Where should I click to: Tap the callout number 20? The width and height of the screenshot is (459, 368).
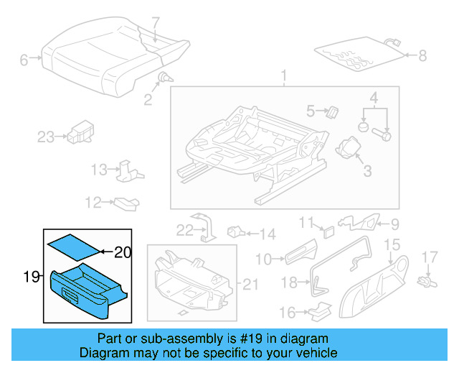pyautogui.click(x=123, y=252)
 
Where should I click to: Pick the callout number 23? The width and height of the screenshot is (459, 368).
pyautogui.click(x=45, y=137)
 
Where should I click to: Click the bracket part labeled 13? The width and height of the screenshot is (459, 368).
pyautogui.click(x=128, y=170)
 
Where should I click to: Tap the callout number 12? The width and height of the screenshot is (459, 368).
pyautogui.click(x=94, y=203)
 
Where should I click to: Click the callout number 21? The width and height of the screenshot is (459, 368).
pyautogui.click(x=250, y=285)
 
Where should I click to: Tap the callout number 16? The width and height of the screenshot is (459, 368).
pyautogui.click(x=287, y=312)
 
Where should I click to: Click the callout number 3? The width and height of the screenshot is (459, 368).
pyautogui.click(x=366, y=170)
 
